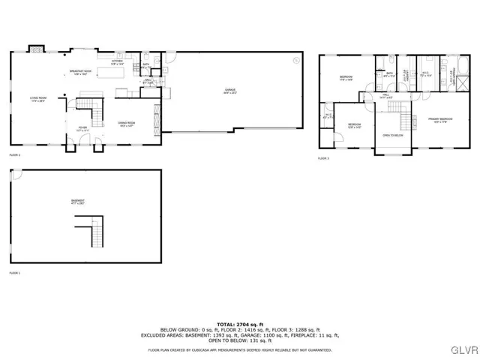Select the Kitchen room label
(117, 62)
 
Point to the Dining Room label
(126, 123)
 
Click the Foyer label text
(83, 128)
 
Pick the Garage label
(230, 91)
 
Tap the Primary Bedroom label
(440, 119)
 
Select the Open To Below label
(392, 136)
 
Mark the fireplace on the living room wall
(36, 49)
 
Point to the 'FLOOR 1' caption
(14, 273)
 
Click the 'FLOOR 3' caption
(323, 158)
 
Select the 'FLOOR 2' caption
(14, 154)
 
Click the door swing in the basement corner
(15, 174)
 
